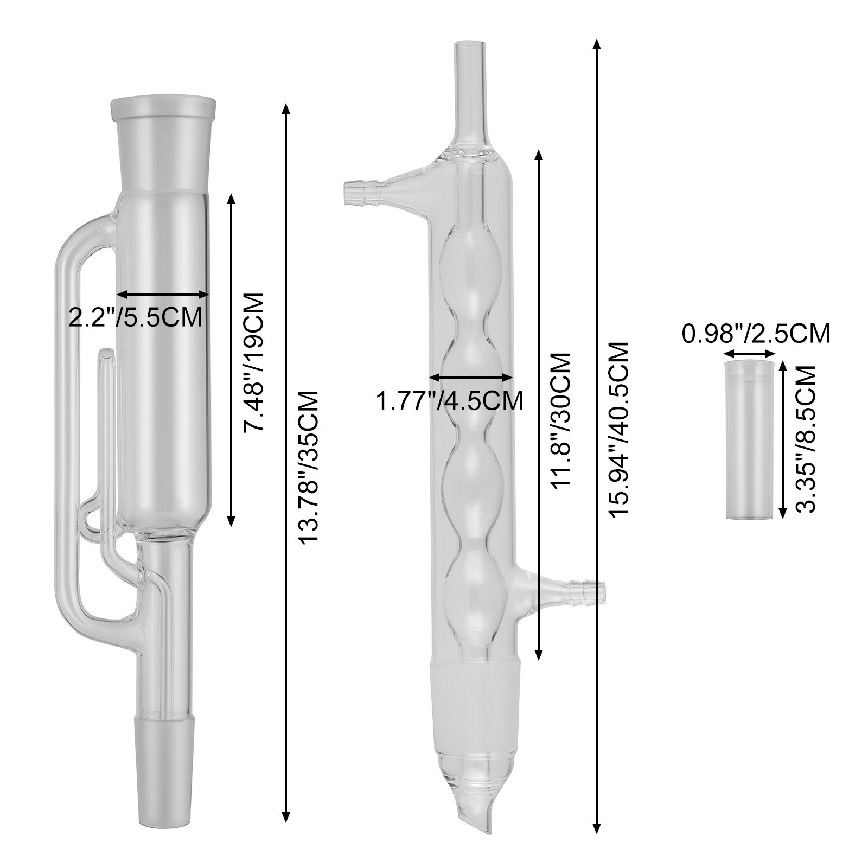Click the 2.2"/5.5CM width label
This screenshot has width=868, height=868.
(136, 317)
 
